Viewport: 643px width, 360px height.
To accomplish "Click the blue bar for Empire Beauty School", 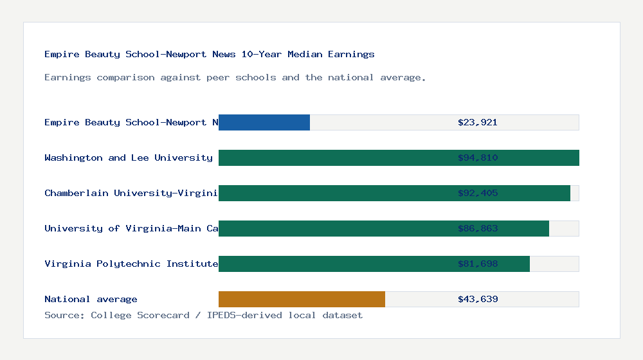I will pos(264,122).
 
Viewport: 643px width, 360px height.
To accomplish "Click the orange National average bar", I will pos(302,299).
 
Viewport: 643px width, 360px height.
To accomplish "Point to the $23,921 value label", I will pos(477,122).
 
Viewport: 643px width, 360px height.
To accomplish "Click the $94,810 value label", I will pos(477,157).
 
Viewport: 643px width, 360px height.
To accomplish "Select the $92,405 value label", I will pos(477,193).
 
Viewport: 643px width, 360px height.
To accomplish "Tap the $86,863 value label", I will pos(477,228).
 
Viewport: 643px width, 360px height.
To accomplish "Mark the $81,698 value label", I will pos(477,264).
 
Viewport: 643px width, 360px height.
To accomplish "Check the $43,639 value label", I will pos(477,299).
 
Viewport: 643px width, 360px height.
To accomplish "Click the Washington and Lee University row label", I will pos(129,157).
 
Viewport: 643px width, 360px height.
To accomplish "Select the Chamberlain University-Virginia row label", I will pos(131,193).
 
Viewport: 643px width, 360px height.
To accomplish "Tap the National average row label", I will pos(91,299).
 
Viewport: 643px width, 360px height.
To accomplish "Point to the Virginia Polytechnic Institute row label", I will pos(131,264).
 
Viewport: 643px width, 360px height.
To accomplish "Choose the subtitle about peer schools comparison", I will pos(235,77).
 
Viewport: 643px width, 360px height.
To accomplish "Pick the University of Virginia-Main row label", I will pos(131,228).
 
